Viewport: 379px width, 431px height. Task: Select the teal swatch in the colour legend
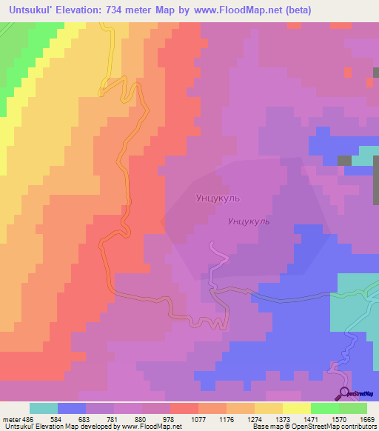click(44, 408)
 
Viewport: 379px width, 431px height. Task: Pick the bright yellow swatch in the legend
click(297, 408)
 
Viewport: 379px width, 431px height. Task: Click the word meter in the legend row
click(10, 419)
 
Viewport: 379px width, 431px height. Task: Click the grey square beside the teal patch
click(344, 160)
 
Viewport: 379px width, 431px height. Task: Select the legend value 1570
click(338, 419)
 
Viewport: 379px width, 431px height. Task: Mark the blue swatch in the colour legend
click(72, 408)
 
